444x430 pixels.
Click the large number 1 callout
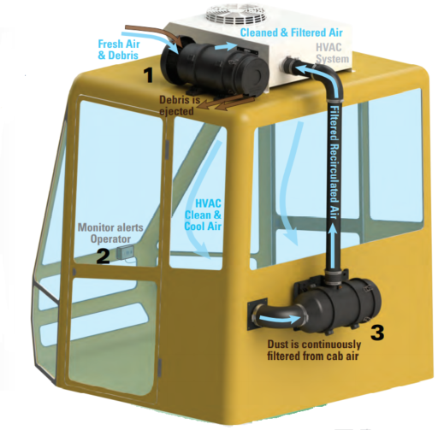pos(149,76)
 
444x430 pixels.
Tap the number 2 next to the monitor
pos(103,256)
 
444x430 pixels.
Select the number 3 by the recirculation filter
pos(377,333)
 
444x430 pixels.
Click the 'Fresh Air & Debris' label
pos(119,50)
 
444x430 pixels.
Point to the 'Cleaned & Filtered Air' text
pos(291,32)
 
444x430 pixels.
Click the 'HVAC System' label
pos(332,53)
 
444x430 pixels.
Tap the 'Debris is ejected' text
pos(180,105)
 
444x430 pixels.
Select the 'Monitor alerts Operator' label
pos(110,233)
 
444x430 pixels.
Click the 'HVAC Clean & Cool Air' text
pos(203,215)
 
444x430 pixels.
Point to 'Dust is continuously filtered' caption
pos(314,350)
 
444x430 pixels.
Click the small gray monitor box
pos(125,252)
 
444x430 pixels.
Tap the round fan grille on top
pos(236,15)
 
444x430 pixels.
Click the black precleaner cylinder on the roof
pos(215,69)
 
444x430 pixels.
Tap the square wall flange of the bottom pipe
pos(258,315)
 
